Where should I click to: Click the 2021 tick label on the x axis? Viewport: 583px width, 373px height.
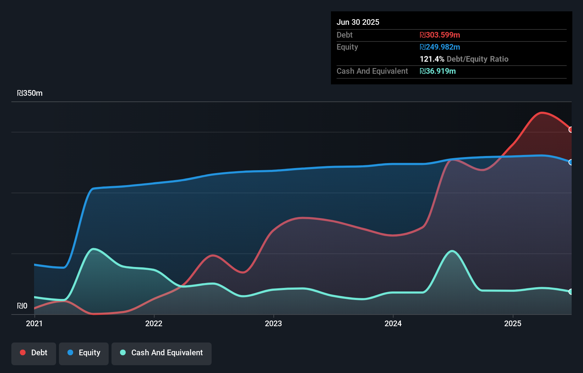pyautogui.click(x=34, y=323)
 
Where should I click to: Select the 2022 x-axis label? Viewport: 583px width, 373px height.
pyautogui.click(x=154, y=323)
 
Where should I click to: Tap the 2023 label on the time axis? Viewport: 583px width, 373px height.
pyautogui.click(x=273, y=323)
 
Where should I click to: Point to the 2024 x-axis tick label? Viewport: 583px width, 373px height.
pyautogui.click(x=393, y=323)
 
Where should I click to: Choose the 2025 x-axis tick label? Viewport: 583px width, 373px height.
pyautogui.click(x=513, y=323)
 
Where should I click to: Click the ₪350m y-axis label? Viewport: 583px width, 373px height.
pyautogui.click(x=30, y=93)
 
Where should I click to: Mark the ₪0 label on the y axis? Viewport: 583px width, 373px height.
pyautogui.click(x=22, y=306)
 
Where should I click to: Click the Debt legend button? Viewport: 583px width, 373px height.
pyautogui.click(x=34, y=353)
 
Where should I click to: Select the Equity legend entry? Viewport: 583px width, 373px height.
pyautogui.click(x=84, y=353)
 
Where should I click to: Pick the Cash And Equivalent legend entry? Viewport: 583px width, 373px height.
pyautogui.click(x=162, y=353)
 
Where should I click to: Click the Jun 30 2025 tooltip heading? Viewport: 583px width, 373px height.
pyautogui.click(x=358, y=22)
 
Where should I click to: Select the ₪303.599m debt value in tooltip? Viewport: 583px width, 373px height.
pyautogui.click(x=440, y=35)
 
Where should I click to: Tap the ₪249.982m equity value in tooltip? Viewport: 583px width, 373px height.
pyautogui.click(x=440, y=47)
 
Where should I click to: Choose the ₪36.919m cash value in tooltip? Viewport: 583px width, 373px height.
pyautogui.click(x=438, y=71)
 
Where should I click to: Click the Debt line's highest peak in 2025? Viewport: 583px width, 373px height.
pyautogui.click(x=541, y=113)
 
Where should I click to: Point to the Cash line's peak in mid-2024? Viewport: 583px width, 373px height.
pyautogui.click(x=452, y=251)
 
